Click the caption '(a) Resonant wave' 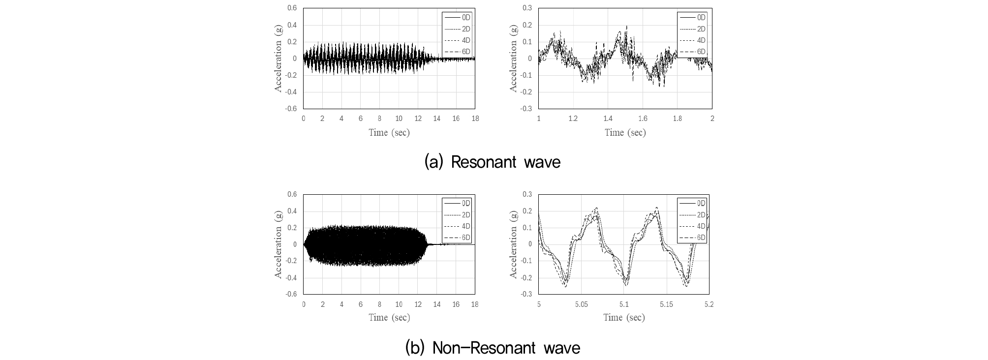(x=493, y=162)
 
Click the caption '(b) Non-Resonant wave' (x=493, y=348)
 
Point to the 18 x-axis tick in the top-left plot (x=475, y=119)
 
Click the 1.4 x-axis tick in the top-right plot (x=608, y=119)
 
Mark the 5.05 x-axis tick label (x=581, y=304)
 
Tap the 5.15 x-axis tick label (x=666, y=304)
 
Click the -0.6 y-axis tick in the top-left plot (x=292, y=109)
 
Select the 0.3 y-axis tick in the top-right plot (x=527, y=8)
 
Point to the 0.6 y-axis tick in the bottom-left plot (x=292, y=194)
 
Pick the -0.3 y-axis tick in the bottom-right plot (x=526, y=294)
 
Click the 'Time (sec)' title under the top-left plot (x=389, y=132)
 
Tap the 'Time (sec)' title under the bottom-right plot (x=624, y=318)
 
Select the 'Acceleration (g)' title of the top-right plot (x=514, y=58)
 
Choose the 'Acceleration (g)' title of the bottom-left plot (x=278, y=244)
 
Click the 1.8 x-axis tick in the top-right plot (x=677, y=119)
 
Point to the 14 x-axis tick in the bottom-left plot (x=437, y=304)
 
